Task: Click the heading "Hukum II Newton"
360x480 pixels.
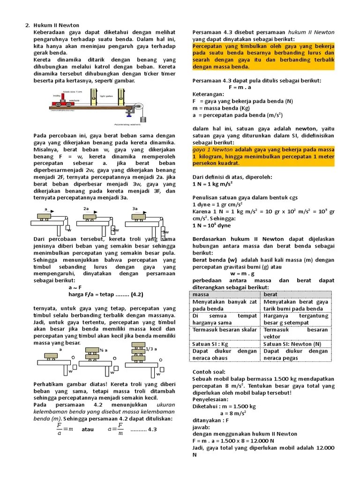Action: (56, 25)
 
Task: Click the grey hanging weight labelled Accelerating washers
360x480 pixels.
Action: (143, 119)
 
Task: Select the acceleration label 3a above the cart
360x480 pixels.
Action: (135, 209)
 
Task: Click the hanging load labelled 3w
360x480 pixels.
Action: (165, 232)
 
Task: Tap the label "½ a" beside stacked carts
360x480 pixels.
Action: (104, 350)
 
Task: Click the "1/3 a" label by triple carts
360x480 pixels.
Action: (151, 349)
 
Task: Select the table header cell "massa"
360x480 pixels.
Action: (201, 294)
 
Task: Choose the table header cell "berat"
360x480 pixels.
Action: (270, 294)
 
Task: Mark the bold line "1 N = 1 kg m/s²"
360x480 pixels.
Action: (219, 184)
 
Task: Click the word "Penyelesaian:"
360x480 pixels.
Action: (211, 399)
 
